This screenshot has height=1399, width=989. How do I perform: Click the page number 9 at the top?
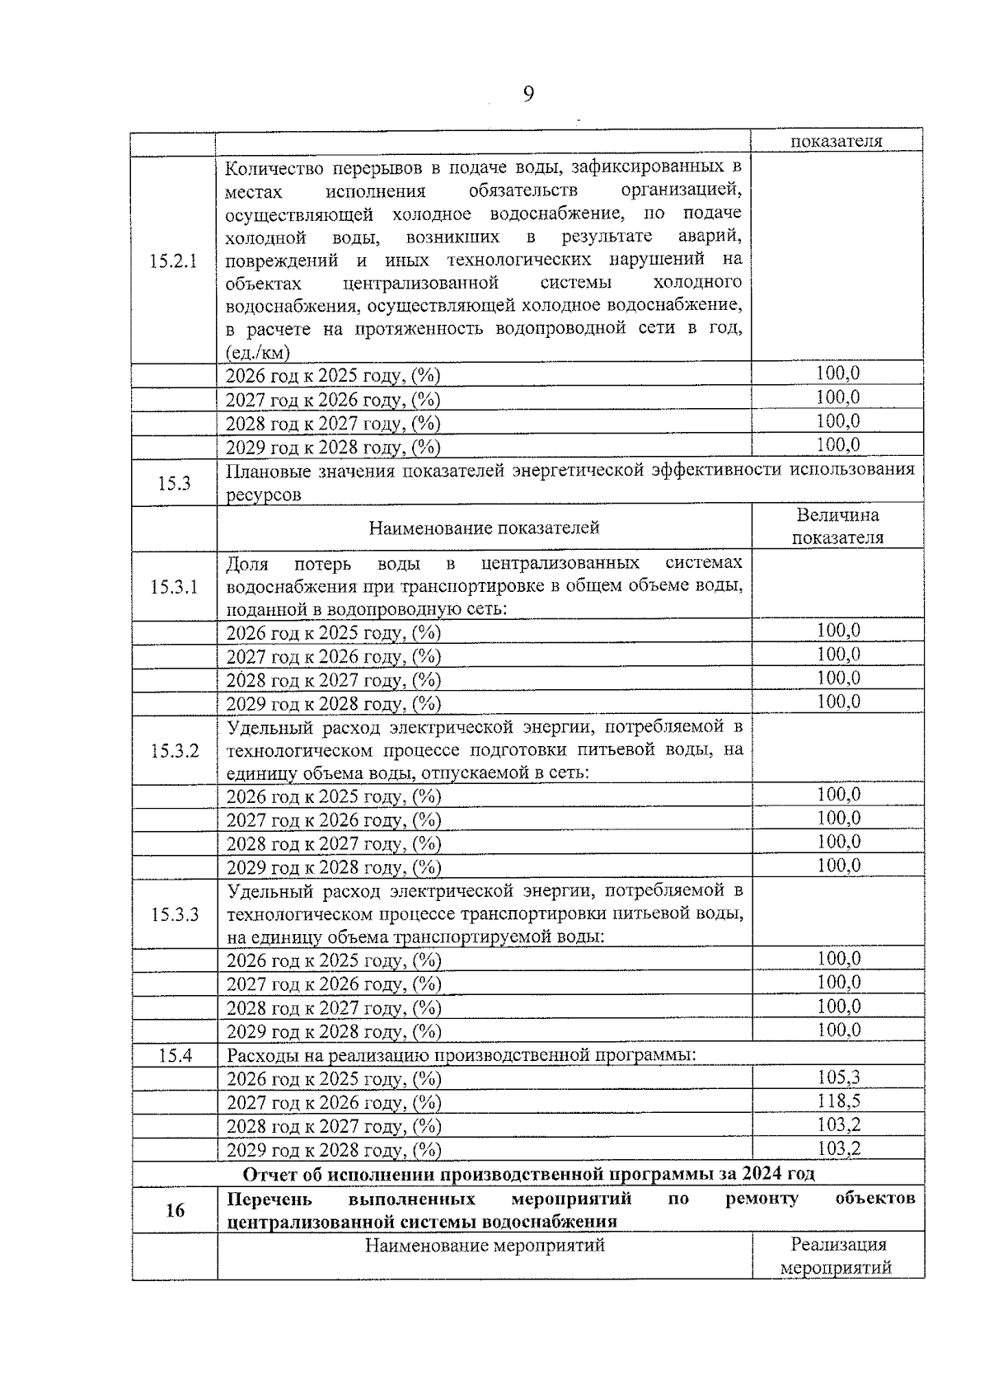tap(528, 95)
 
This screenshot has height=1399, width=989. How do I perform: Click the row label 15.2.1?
tap(174, 262)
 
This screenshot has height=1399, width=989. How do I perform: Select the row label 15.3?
tap(174, 483)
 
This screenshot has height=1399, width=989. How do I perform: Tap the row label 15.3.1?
tap(174, 587)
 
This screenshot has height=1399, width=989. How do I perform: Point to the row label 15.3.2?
tap(175, 751)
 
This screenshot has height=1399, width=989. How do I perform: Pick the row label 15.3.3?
tap(175, 914)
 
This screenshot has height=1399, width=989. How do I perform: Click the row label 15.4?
tap(175, 1054)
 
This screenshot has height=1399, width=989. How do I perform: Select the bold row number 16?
tap(175, 1210)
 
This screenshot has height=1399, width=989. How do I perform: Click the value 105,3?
tap(838, 1077)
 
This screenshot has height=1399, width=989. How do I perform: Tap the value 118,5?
tap(838, 1101)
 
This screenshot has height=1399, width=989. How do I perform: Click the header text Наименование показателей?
tap(484, 528)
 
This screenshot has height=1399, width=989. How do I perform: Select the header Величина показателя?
tap(837, 527)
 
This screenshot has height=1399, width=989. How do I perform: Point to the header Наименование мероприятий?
tap(485, 1245)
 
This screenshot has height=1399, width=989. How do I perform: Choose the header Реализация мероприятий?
tap(837, 1256)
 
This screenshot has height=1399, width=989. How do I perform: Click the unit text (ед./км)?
tap(258, 353)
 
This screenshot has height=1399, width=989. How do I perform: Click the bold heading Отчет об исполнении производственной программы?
tap(529, 1174)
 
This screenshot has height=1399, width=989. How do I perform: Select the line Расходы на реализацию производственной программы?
tap(461, 1055)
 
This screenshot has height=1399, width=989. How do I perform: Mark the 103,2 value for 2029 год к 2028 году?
tap(838, 1148)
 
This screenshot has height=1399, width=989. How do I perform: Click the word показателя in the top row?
tap(837, 141)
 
